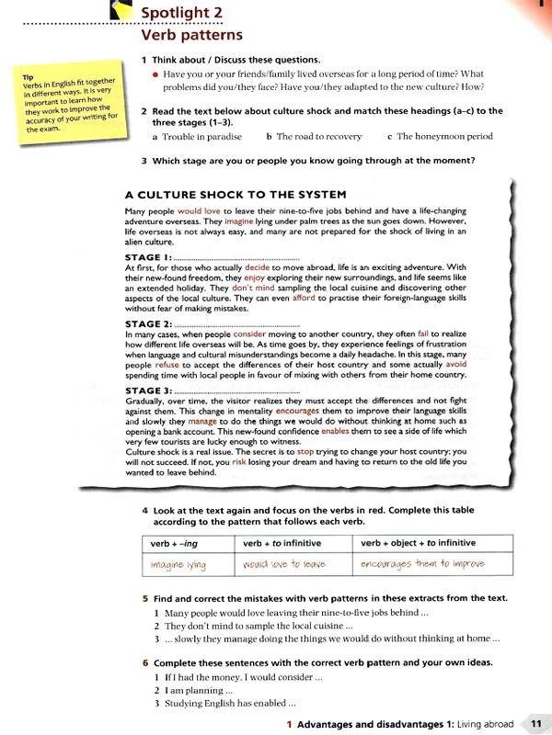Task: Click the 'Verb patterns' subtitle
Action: pyautogui.click(x=184, y=36)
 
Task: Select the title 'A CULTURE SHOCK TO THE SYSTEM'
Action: pyautogui.click(x=235, y=194)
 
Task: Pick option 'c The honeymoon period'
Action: pyautogui.click(x=439, y=137)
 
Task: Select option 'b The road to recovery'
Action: pyautogui.click(x=314, y=137)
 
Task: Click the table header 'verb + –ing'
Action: pyautogui.click(x=175, y=543)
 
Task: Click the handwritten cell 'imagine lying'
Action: pyautogui.click(x=178, y=563)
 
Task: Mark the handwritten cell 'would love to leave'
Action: pyautogui.click(x=285, y=563)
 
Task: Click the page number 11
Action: pyautogui.click(x=535, y=724)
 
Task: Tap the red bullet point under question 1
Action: pyautogui.click(x=155, y=73)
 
